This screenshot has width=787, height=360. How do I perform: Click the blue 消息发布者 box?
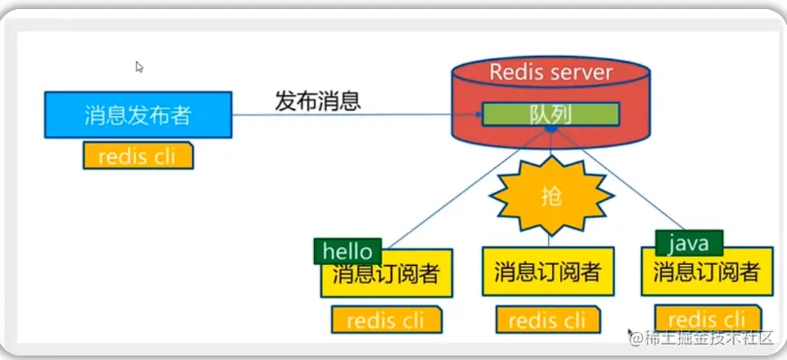pyautogui.click(x=138, y=115)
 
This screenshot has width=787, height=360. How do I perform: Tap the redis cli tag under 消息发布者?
pyautogui.click(x=138, y=156)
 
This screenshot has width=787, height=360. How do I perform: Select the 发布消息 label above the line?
pyautogui.click(x=318, y=101)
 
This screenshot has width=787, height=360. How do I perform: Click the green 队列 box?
pyautogui.click(x=551, y=115)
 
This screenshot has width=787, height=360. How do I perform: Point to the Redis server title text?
pyautogui.click(x=551, y=72)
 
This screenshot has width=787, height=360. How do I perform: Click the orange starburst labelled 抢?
pyautogui.click(x=551, y=195)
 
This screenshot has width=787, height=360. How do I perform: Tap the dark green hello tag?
pyautogui.click(x=347, y=251)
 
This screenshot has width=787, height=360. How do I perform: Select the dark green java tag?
pyautogui.click(x=689, y=243)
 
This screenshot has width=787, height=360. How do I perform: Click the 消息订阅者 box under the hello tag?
pyautogui.click(x=386, y=274)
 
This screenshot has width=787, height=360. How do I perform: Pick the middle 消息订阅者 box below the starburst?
pyautogui.click(x=548, y=271)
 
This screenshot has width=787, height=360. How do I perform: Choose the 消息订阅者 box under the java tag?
pyautogui.click(x=707, y=271)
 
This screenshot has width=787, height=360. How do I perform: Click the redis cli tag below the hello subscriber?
pyautogui.click(x=386, y=320)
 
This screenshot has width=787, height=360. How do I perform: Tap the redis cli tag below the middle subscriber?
pyautogui.click(x=548, y=320)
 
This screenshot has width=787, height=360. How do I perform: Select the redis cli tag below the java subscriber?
pyautogui.click(x=707, y=318)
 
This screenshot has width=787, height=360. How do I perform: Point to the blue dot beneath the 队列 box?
pyautogui.click(x=551, y=129)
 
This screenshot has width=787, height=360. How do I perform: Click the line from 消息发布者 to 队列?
pyautogui.click(x=356, y=115)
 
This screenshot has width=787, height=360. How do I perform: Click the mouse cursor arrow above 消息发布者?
pyautogui.click(x=139, y=67)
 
